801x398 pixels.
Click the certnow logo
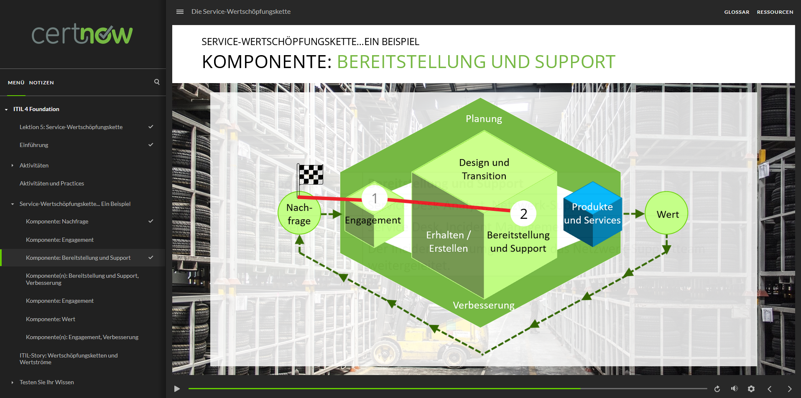tap(82, 34)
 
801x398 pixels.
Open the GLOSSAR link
tap(737, 12)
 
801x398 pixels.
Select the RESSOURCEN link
tap(775, 12)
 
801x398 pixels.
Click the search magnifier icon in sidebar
tap(157, 82)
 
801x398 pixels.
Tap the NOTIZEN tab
tap(41, 83)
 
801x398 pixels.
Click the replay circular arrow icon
tap(717, 389)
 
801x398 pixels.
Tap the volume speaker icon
tap(734, 389)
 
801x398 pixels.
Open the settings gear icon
tap(751, 389)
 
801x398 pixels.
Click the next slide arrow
tap(789, 389)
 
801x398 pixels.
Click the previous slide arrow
tap(769, 389)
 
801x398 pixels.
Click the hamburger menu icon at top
tap(180, 12)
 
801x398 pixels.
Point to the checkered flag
tap(311, 174)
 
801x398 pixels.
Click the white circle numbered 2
tap(523, 213)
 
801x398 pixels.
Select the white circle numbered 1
tap(375, 198)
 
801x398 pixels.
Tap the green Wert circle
tap(667, 213)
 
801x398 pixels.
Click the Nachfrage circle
tap(299, 213)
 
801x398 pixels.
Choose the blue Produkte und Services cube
tap(592, 213)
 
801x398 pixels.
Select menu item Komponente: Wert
tap(51, 319)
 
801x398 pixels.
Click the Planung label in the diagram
tap(484, 119)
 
